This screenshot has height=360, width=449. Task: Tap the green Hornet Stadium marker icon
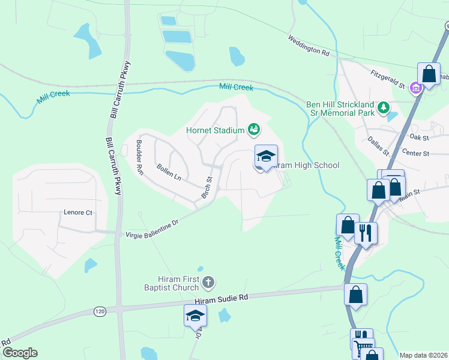254,129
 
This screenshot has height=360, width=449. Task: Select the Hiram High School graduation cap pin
266,157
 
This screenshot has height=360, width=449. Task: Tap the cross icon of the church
208,281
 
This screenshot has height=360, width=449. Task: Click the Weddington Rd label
309,45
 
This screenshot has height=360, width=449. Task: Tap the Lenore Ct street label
78,212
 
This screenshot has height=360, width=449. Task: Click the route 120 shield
100,311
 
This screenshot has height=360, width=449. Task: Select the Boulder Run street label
139,157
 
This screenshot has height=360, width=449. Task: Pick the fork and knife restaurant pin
366,233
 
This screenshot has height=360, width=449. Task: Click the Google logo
19,353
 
